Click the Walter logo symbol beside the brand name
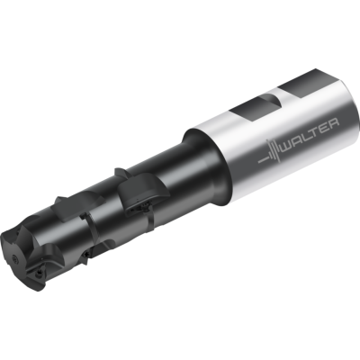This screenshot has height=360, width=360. (x=270, y=153)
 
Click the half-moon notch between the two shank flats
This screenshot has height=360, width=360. (x=273, y=101)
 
